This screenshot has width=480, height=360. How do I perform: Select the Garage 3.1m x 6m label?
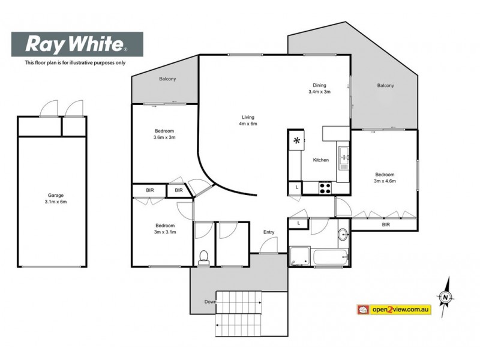click(56, 199)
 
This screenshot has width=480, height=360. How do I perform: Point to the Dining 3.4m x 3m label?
click(319, 88)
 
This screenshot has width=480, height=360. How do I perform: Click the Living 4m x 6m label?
click(248, 120)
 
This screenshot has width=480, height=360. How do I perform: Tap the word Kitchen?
click(321, 160)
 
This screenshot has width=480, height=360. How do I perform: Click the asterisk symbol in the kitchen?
click(296, 142)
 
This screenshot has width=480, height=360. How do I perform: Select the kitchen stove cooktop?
click(325, 187)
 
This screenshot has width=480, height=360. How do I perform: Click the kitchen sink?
click(344, 158)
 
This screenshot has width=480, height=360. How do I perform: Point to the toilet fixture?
click(203, 257)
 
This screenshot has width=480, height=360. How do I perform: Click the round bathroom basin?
click(343, 234)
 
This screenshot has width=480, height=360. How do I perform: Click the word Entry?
click(268, 232)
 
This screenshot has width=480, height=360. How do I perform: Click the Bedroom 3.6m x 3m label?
click(164, 134)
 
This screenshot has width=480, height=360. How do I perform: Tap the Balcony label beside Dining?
click(386, 86)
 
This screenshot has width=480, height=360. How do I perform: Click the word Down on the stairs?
click(209, 301)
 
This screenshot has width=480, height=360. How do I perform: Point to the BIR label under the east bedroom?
click(386, 224)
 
